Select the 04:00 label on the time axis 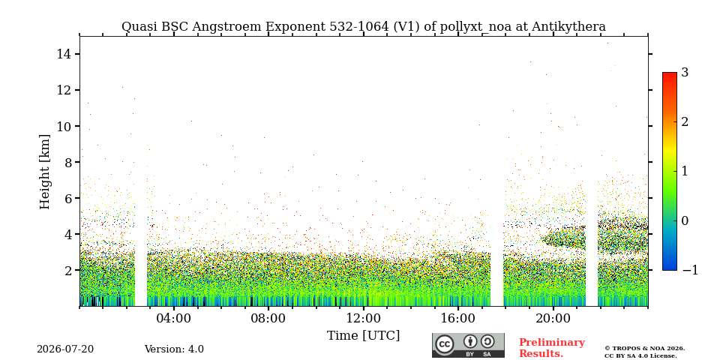174,318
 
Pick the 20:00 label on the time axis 553,318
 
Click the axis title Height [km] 44,172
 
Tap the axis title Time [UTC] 363,336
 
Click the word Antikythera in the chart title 568,27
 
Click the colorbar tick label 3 685,73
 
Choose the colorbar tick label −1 690,271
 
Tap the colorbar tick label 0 685,220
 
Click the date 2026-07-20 65,349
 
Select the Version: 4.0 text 174,349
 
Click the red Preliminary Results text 552,348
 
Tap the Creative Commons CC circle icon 445,345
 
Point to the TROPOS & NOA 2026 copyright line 644,349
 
